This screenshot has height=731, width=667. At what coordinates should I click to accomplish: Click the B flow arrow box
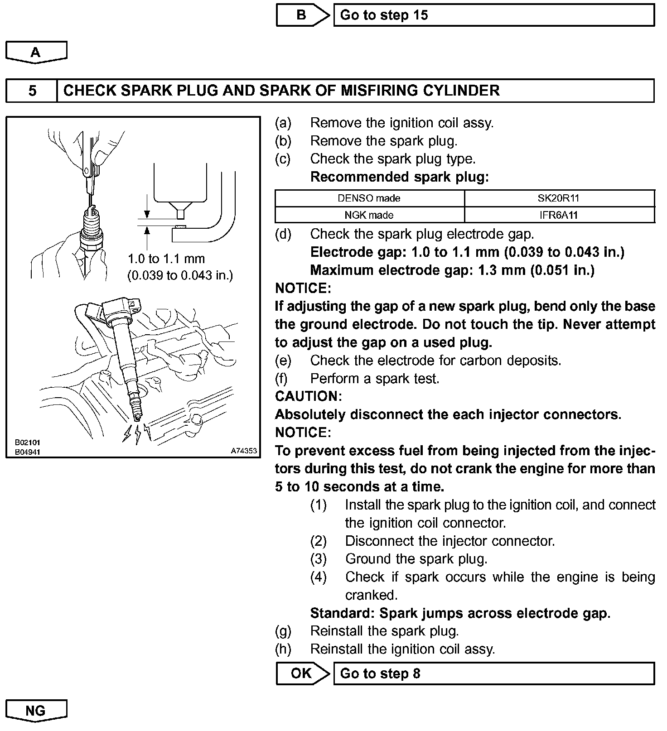[x=302, y=15]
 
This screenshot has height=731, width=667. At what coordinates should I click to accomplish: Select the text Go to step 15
[x=384, y=15]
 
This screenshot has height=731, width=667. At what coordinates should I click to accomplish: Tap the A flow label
[x=36, y=52]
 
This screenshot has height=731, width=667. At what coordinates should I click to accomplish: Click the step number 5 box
[x=32, y=91]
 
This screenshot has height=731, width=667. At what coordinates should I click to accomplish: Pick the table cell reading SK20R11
[x=559, y=198]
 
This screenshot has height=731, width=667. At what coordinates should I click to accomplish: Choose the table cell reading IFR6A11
[x=559, y=215]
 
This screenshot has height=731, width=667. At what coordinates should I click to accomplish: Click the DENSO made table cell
[x=369, y=198]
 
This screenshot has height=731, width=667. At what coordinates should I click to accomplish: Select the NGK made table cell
[x=369, y=215]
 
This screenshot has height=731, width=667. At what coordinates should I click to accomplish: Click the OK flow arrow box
[x=302, y=673]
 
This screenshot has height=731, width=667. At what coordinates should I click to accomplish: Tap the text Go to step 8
[x=380, y=673]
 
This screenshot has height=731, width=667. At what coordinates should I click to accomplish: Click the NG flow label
[x=36, y=710]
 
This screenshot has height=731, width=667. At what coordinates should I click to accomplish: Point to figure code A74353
[x=244, y=451]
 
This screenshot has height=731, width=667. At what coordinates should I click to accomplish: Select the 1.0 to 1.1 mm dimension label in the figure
[x=166, y=259]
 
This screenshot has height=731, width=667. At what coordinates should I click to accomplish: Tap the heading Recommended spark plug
[x=400, y=177]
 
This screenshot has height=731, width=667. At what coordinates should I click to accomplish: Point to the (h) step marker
[x=283, y=649]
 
